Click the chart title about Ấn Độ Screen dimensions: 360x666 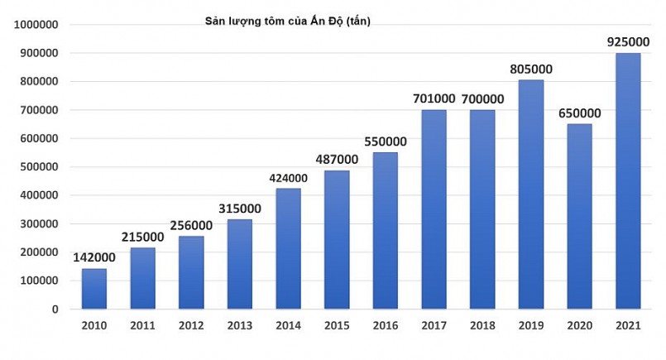287,22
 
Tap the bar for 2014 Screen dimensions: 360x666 289,248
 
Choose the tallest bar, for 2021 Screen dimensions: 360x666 629,181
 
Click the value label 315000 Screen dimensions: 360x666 239,207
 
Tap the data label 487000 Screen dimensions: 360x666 337,159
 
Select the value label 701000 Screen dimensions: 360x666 434,98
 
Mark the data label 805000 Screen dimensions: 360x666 532,69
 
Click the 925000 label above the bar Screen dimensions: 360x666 629,38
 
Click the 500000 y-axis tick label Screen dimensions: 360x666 36,167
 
